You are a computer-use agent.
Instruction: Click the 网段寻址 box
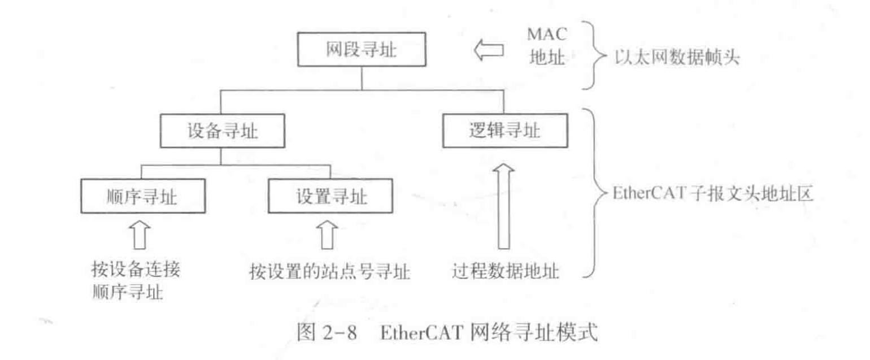click(x=361, y=51)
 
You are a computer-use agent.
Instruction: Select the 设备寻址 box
click(x=221, y=133)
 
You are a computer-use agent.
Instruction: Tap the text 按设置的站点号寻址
click(x=329, y=273)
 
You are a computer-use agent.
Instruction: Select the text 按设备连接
click(x=136, y=268)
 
